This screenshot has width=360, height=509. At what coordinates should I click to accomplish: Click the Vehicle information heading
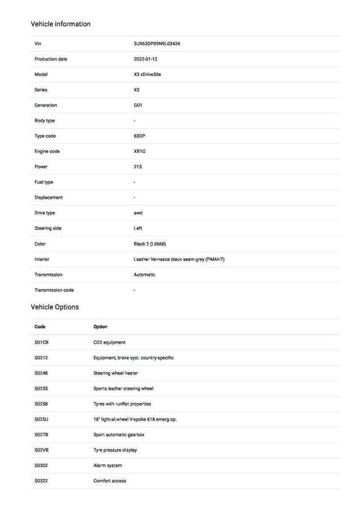point(60,24)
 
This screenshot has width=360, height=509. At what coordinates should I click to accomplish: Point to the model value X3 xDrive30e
point(147,74)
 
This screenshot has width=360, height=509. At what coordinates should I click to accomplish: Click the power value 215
point(138,166)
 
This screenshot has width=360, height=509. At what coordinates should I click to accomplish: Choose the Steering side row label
point(48,228)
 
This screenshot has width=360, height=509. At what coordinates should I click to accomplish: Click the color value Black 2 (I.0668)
point(150,244)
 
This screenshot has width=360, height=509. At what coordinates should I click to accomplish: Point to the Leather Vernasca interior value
point(179,259)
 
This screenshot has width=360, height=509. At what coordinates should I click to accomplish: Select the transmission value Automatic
point(145,274)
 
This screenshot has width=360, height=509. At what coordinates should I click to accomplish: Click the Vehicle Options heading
point(55,307)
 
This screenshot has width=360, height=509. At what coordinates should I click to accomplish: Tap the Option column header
point(100,327)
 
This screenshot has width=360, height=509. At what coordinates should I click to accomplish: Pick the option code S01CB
point(42,342)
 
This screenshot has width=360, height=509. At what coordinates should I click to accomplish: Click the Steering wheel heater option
point(115,373)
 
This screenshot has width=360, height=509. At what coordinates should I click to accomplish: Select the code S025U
point(42,419)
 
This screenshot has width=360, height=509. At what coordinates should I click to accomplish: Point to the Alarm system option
point(107,465)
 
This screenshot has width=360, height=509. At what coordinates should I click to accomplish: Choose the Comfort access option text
point(110,481)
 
